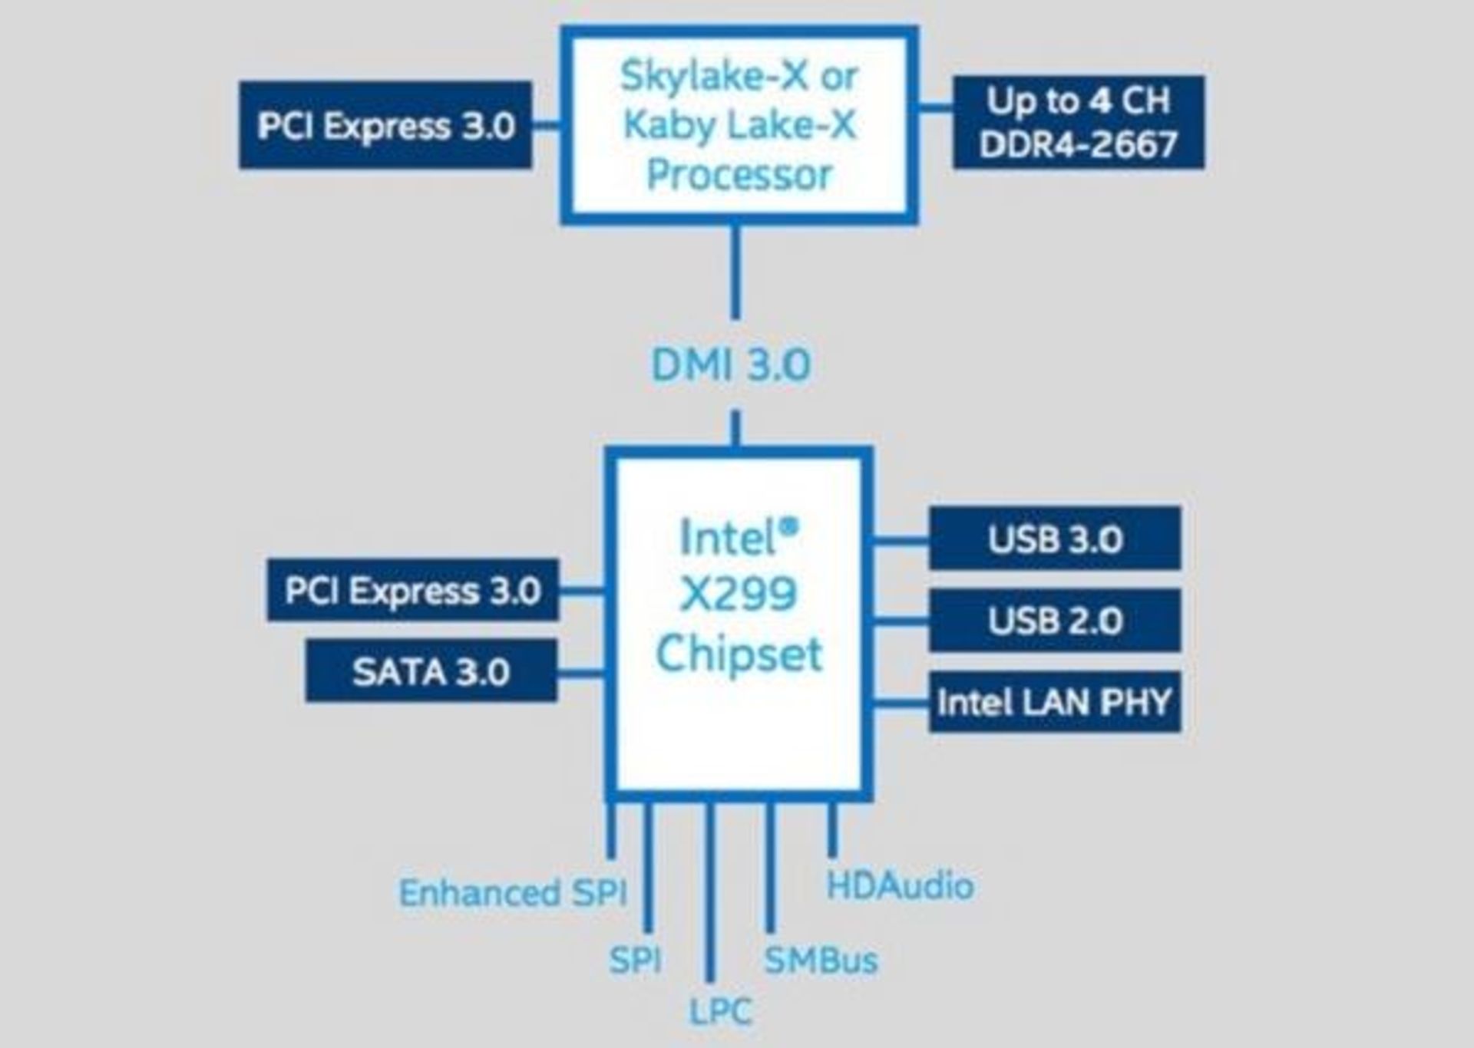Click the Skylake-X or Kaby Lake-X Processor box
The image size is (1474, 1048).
click(739, 126)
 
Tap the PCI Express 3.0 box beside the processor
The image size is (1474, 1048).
click(385, 125)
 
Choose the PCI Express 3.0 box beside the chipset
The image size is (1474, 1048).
click(412, 590)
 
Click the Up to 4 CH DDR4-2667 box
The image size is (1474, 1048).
click(1078, 122)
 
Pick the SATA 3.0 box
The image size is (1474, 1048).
click(431, 671)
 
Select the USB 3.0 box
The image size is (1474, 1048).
click(1054, 538)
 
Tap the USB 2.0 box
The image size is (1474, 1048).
click(1054, 620)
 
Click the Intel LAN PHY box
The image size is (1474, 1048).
click(1054, 701)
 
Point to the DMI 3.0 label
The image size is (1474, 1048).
click(731, 364)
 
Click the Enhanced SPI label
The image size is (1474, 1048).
click(513, 892)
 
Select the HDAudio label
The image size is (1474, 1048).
click(900, 886)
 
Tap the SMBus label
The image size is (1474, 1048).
click(821, 960)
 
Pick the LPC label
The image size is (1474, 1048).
click(720, 1011)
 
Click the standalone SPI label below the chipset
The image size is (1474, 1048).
click(635, 960)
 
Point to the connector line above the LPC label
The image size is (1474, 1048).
click(710, 890)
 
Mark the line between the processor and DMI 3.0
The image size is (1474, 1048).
click(735, 272)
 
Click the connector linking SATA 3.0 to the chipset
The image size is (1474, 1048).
click(581, 673)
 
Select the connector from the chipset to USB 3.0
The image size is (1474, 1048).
click(901, 540)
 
